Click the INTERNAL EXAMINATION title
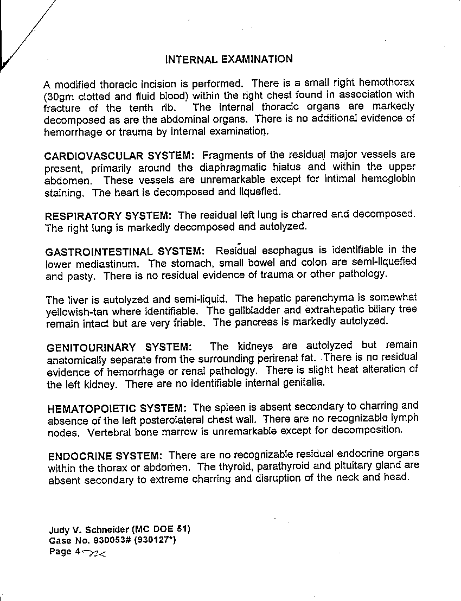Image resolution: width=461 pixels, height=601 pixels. click(x=229, y=59)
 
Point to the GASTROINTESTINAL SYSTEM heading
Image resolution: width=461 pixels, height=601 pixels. click(x=125, y=252)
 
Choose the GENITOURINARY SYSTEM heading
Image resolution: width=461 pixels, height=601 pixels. click(x=119, y=347)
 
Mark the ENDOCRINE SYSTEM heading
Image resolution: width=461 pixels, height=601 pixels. click(x=105, y=456)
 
